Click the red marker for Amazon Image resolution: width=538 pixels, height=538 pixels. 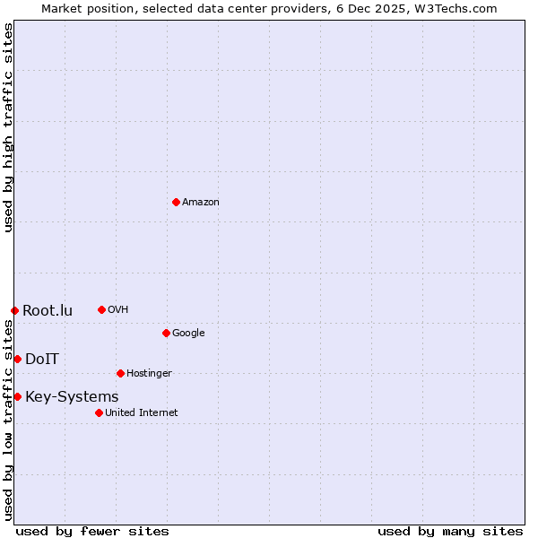click(x=176, y=202)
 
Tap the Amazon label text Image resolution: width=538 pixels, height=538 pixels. click(x=200, y=203)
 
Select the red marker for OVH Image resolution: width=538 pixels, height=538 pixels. click(x=101, y=309)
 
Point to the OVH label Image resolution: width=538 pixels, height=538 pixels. click(x=117, y=310)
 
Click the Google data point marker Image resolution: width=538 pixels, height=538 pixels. click(x=166, y=333)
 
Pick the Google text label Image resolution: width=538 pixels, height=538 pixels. click(x=188, y=334)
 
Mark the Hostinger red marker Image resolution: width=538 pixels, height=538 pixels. click(x=120, y=373)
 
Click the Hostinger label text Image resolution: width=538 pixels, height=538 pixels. click(x=149, y=374)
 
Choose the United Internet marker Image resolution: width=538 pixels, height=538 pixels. click(x=99, y=412)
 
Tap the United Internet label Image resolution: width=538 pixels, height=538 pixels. click(x=141, y=413)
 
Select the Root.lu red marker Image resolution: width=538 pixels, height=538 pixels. click(x=14, y=310)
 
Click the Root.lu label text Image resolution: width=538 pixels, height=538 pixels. click(x=48, y=311)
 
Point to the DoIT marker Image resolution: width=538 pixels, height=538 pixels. click(x=17, y=359)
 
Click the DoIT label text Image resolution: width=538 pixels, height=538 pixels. click(x=42, y=360)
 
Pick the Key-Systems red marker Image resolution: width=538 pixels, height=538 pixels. click(x=17, y=396)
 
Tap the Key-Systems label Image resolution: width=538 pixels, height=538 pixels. click(x=72, y=397)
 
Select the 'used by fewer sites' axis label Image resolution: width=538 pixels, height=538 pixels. click(x=92, y=532)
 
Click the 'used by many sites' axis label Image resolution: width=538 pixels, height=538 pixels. click(x=450, y=532)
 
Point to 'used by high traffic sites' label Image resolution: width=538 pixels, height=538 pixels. click(x=8, y=127)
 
